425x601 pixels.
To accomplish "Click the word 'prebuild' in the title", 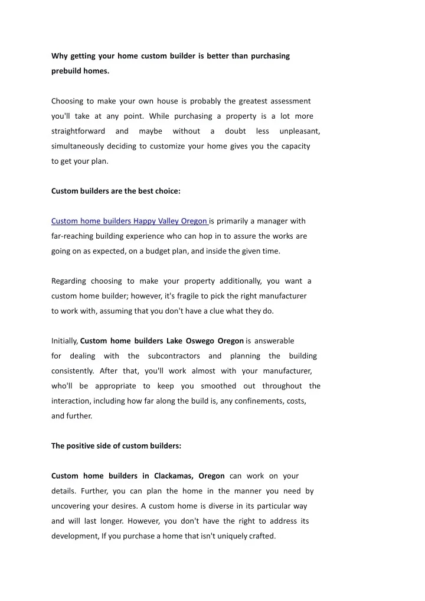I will coord(67,71).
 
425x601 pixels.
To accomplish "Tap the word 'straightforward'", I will coord(79,131).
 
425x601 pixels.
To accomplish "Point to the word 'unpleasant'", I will coord(299,131).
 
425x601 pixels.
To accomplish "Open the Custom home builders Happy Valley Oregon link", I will coord(129,221).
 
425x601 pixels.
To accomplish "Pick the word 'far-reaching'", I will coord(73,236).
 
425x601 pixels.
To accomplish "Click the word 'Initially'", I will coord(64,341).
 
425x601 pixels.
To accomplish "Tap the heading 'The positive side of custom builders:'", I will coord(116,446).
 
